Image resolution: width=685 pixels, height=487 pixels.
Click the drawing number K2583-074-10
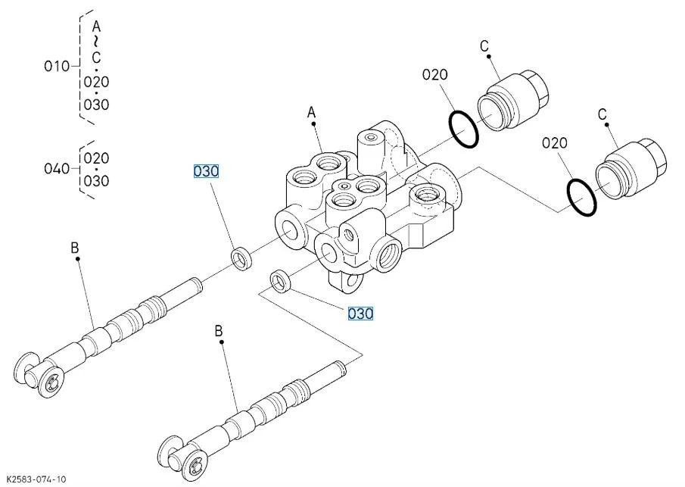(36, 479)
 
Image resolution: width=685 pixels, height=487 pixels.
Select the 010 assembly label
(57, 67)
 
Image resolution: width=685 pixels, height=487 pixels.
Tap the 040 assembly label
(57, 168)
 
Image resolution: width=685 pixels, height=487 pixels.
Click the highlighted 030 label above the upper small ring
(206, 171)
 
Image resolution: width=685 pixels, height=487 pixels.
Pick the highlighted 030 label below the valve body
(360, 314)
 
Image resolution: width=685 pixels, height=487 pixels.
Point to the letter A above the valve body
(311, 113)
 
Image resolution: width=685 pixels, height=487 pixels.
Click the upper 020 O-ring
(464, 130)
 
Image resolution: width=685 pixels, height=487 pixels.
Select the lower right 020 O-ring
(581, 197)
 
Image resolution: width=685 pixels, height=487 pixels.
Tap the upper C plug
(513, 100)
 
